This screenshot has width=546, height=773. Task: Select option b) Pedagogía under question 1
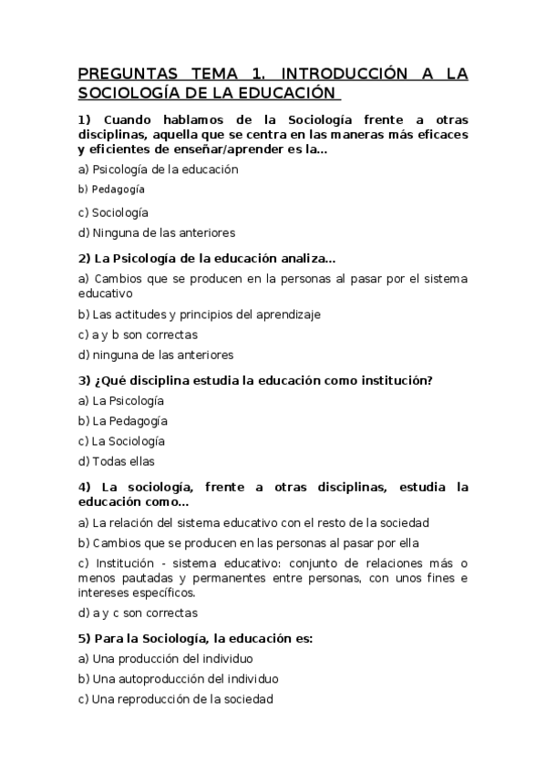pyautogui.click(x=112, y=190)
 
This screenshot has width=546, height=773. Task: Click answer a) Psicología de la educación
pyautogui.click(x=158, y=169)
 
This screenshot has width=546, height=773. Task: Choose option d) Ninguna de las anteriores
pyautogui.click(x=156, y=232)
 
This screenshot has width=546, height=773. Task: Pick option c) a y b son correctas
pyautogui.click(x=138, y=335)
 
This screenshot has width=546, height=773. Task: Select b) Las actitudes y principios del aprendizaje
pyautogui.click(x=200, y=314)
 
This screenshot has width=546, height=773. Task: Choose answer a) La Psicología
pyautogui.click(x=121, y=400)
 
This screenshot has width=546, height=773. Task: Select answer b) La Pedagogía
pyautogui.click(x=123, y=421)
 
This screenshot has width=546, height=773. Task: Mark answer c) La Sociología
pyautogui.click(x=122, y=441)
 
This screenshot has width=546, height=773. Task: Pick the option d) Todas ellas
pyautogui.click(x=117, y=461)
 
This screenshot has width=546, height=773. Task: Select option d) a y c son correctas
pyautogui.click(x=138, y=613)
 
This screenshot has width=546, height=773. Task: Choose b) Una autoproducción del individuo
pyautogui.click(x=179, y=678)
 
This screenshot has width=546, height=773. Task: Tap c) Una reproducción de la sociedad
pyautogui.click(x=175, y=699)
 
